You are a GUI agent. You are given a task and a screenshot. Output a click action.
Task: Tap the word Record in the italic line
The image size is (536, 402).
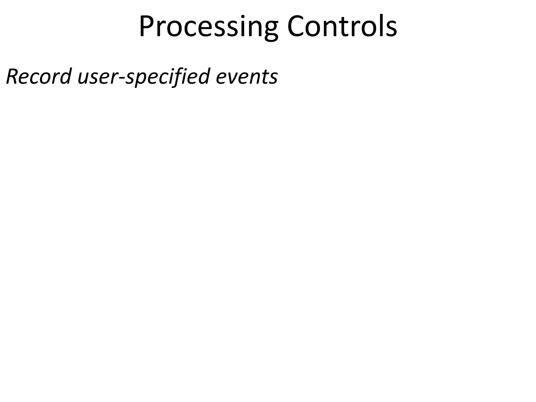tap(39, 76)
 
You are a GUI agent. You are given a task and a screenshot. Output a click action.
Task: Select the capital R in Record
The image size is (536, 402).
tap(13, 76)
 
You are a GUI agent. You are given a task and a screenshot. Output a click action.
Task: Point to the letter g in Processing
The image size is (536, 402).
tap(270, 30)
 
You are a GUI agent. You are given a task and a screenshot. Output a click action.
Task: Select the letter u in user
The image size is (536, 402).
tap(83, 78)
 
